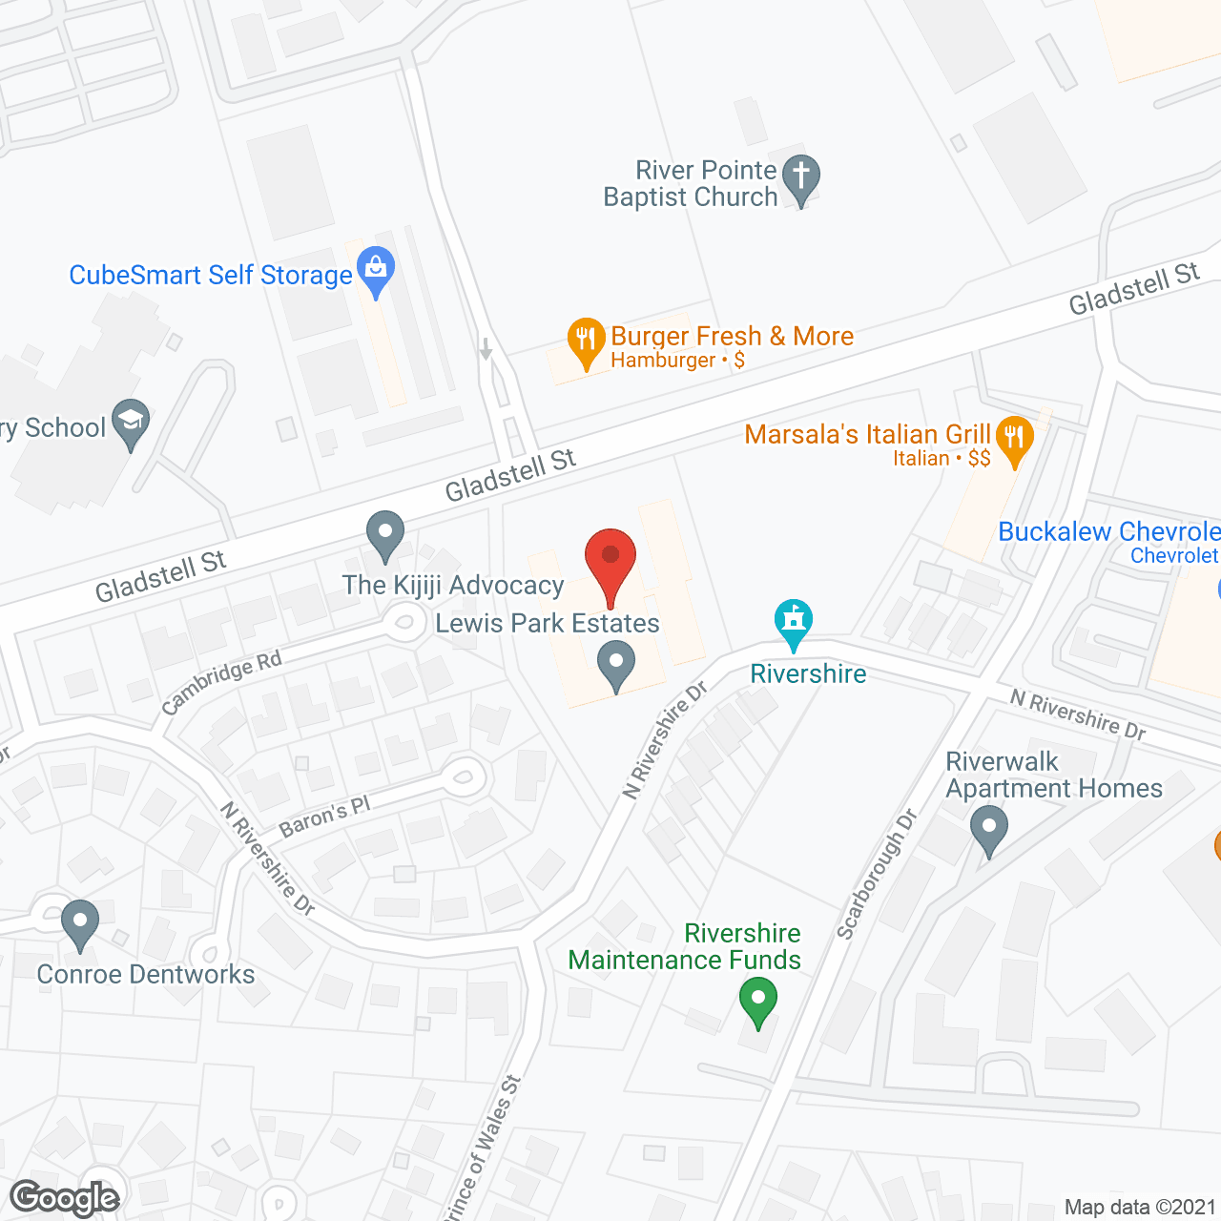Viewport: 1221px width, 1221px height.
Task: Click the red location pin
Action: click(610, 563)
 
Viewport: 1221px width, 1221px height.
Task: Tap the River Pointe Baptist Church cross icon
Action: click(801, 178)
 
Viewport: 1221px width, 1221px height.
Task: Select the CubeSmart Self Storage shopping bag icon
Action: click(377, 271)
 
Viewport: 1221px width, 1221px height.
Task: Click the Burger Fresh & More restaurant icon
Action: click(585, 341)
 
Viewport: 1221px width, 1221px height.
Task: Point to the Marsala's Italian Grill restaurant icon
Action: click(1014, 440)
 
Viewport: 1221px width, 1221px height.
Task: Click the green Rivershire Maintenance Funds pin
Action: click(758, 1002)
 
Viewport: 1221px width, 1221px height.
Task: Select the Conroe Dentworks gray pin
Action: click(79, 923)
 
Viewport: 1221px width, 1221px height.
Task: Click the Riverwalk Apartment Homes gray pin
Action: click(988, 829)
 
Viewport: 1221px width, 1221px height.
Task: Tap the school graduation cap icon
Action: click(131, 423)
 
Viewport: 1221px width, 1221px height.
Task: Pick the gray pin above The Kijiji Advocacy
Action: click(385, 535)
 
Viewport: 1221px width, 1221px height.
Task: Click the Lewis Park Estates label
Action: click(548, 624)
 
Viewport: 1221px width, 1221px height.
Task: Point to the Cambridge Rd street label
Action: click(221, 682)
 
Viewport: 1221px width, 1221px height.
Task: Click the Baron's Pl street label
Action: click(324, 817)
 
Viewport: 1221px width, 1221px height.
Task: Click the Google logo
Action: click(65, 1198)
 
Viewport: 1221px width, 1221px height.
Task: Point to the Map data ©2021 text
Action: click(1140, 1208)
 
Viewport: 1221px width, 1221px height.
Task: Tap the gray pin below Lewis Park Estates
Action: click(615, 664)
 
